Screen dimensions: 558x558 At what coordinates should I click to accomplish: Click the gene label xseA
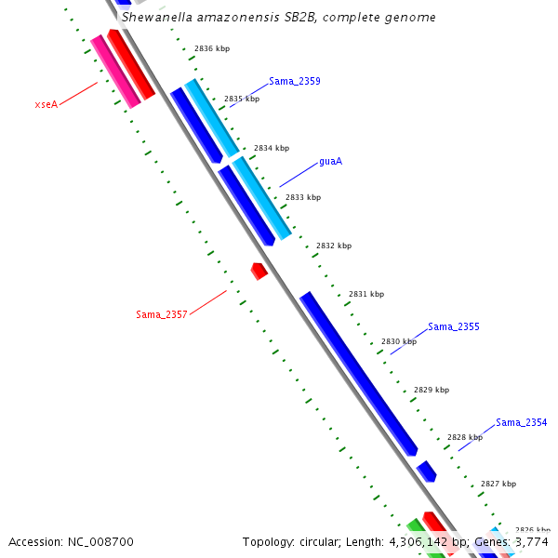point(46,104)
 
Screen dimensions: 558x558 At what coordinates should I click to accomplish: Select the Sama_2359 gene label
point(295,82)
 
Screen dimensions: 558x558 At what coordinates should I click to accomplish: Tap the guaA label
point(330,161)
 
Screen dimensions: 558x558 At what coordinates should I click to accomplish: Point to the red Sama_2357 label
point(162,314)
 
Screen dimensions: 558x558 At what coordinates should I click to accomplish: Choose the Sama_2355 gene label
point(454,327)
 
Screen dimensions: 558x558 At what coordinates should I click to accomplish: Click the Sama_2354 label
point(521,422)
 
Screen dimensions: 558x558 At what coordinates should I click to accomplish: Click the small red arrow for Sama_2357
point(259,271)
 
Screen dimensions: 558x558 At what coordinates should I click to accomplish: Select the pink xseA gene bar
point(115,72)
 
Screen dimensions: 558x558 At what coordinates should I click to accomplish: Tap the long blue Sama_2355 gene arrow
point(358,372)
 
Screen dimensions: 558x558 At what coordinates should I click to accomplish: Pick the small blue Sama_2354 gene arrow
point(427,471)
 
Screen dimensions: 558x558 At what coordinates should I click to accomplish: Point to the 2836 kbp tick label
point(211,48)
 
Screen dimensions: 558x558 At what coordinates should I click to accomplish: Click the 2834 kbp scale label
point(272,148)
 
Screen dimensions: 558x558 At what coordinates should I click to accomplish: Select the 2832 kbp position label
point(334,246)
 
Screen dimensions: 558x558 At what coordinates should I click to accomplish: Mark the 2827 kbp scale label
point(498,484)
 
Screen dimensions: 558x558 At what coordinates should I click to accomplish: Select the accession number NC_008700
point(102,541)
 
